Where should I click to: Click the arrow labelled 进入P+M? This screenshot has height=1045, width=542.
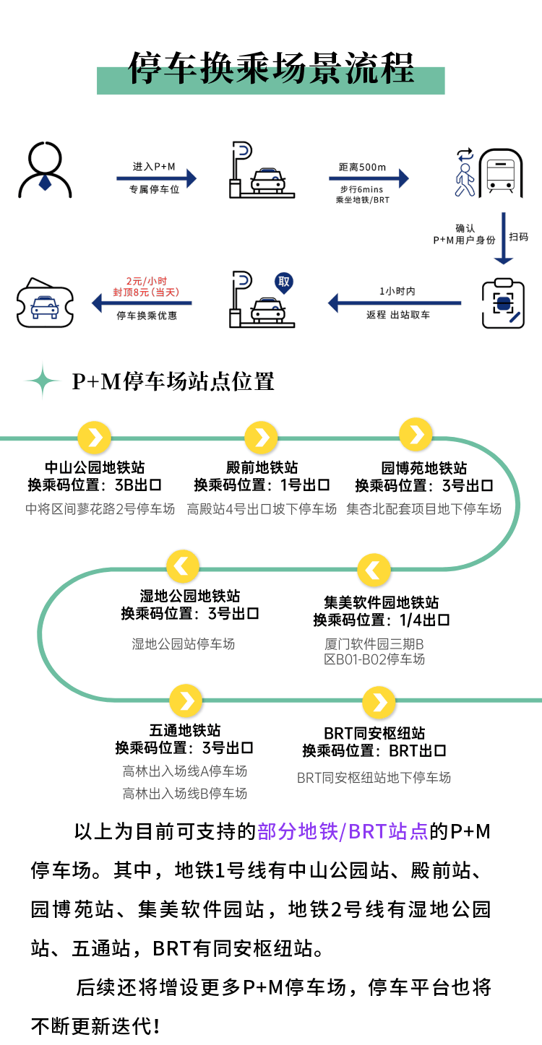pyautogui.click(x=156, y=178)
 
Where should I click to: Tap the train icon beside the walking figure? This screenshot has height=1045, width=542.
pyautogui.click(x=501, y=173)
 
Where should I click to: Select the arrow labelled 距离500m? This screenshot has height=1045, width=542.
pyautogui.click(x=369, y=178)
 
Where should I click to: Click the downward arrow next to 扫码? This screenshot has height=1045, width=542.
pyautogui.click(x=503, y=238)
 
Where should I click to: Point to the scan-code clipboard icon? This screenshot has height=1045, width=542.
pyautogui.click(x=503, y=303)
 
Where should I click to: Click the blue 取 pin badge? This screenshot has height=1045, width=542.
pyautogui.click(x=284, y=282)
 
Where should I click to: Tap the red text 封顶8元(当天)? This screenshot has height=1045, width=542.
pyautogui.click(x=146, y=292)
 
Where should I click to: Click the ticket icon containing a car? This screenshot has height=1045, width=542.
pyautogui.click(x=45, y=303)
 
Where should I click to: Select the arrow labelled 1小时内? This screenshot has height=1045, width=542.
pyautogui.click(x=395, y=303)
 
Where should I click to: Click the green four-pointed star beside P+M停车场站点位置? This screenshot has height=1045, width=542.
pyautogui.click(x=43, y=381)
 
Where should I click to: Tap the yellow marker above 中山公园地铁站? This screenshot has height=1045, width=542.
pyautogui.click(x=95, y=438)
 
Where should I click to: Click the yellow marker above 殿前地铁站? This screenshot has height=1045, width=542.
pyautogui.click(x=262, y=438)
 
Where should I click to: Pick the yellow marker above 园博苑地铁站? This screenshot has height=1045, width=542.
pyautogui.click(x=416, y=435)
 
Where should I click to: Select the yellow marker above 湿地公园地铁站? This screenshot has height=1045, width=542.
pyautogui.click(x=183, y=567)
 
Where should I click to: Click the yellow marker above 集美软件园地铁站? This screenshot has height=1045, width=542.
pyautogui.click(x=374, y=570)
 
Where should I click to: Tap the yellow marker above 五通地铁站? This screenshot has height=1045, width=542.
pyautogui.click(x=186, y=701)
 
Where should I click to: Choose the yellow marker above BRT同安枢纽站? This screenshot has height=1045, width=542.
pyautogui.click(x=379, y=702)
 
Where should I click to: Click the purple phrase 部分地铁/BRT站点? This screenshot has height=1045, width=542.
pyautogui.click(x=343, y=832)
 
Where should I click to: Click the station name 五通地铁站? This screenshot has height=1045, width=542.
pyautogui.click(x=185, y=730)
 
